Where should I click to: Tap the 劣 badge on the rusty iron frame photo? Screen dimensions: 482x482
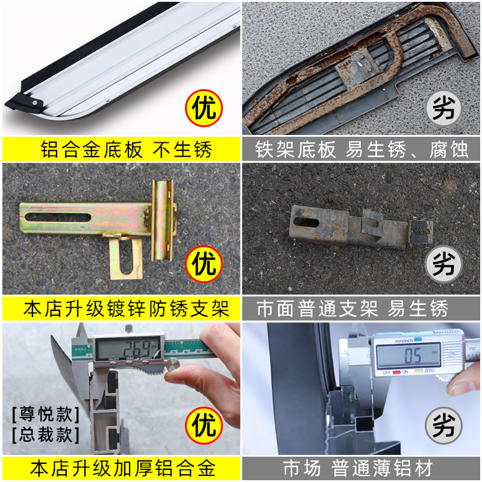point(444,108)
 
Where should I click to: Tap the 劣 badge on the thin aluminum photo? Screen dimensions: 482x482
point(444,426)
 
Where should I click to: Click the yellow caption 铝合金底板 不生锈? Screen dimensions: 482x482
point(120,149)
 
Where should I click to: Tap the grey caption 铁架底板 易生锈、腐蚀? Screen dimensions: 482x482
point(361,149)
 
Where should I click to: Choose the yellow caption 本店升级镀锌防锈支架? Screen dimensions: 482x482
point(120,309)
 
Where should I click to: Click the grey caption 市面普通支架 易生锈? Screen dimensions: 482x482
point(361,309)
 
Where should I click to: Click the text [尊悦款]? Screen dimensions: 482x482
point(45,415)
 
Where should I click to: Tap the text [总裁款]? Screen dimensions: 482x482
point(45,434)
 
